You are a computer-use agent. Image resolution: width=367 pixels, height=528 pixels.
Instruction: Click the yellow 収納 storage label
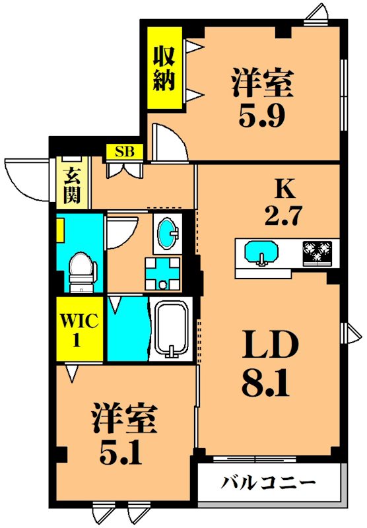coord(164,68)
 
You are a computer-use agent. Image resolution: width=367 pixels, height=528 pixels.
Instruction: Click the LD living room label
coord(269,345)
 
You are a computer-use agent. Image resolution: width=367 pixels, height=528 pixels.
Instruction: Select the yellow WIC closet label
coord(79,329)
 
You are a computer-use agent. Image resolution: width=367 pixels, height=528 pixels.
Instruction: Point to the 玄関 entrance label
coord(71,185)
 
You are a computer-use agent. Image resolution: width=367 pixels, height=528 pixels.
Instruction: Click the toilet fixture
coord(83,271)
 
